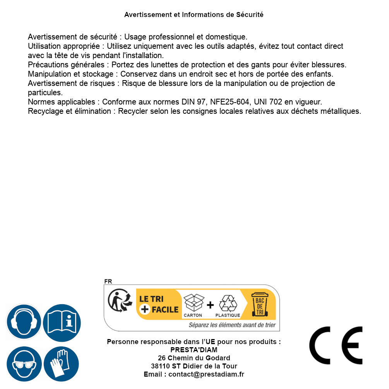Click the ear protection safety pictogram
(24, 322)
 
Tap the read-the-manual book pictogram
(62, 322)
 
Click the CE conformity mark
(336, 345)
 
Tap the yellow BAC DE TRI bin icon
(260, 304)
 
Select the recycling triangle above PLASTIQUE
(228, 303)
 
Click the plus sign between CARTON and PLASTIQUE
(210, 305)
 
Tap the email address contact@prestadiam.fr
(206, 374)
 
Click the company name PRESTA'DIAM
(194, 350)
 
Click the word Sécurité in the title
(250, 15)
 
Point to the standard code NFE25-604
(229, 102)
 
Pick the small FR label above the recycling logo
(108, 282)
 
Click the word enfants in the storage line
(319, 74)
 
